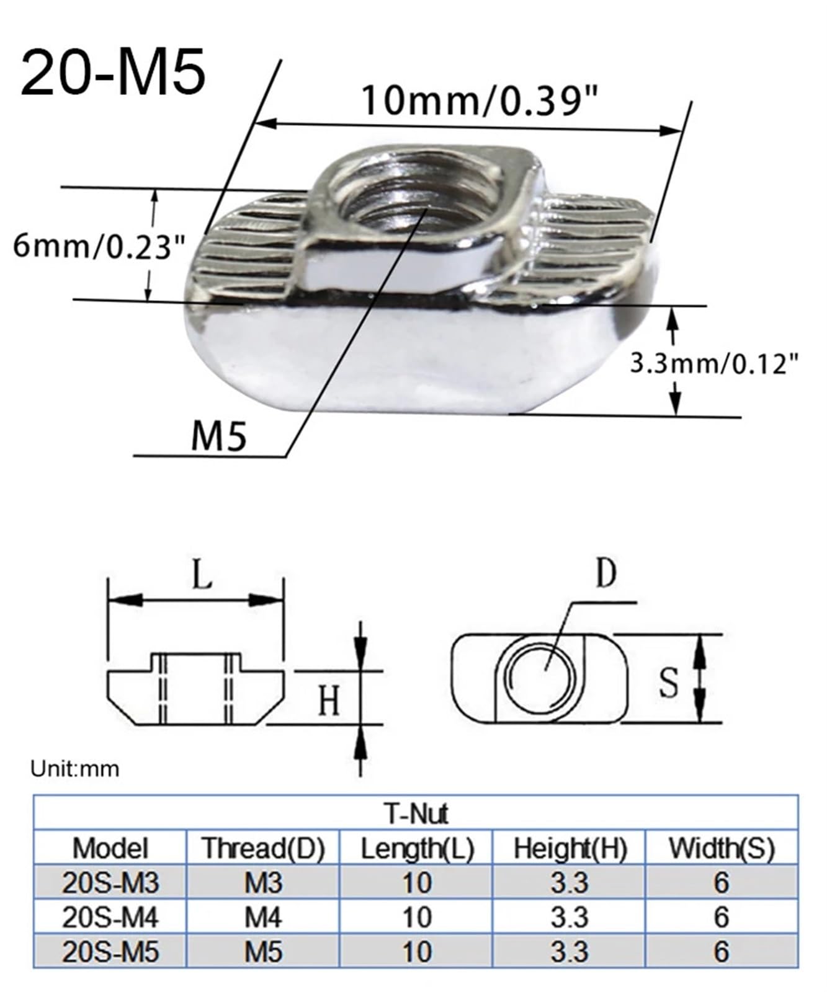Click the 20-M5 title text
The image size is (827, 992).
tap(113, 74)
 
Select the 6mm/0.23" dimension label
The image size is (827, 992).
tap(99, 247)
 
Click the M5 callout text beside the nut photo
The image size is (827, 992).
tap(218, 436)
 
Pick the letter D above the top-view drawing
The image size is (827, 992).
tap(606, 573)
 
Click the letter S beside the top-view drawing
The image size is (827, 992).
tap(668, 682)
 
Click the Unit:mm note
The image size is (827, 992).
tap(74, 769)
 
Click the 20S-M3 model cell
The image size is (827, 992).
tap(110, 883)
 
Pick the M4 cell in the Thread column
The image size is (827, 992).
tap(263, 917)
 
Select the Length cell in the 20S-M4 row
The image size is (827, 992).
tap(416, 917)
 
